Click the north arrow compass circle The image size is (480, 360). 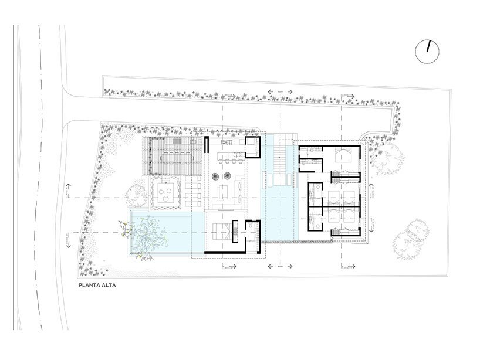428,52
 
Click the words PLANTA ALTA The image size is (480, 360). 99,287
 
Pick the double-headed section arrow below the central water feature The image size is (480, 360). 280,266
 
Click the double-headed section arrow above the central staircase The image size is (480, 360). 280,92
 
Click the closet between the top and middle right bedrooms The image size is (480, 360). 346,174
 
